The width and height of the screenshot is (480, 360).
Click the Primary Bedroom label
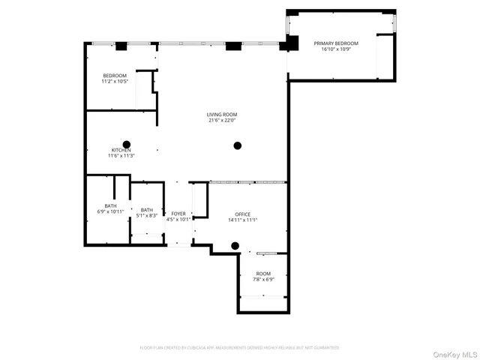coord(335,43)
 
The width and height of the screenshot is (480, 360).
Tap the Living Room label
coord(222,114)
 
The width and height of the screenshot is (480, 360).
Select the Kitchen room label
coord(121,150)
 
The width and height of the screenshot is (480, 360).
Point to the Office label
coord(242,214)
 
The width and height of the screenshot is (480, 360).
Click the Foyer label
coord(178,214)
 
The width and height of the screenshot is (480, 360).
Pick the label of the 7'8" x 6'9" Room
coord(263,274)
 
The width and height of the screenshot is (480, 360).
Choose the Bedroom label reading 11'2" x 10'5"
coord(115,75)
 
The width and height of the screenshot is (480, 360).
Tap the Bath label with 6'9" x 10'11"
coord(110,205)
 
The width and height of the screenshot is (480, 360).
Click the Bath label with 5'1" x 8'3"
coord(146,210)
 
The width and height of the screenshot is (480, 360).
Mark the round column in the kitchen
coord(127,144)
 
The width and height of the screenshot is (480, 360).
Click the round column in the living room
coord(238,145)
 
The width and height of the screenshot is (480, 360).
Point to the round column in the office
coord(235,245)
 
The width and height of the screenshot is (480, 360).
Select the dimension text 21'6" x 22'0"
coord(222,120)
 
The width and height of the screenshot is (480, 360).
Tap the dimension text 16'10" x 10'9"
coord(335,49)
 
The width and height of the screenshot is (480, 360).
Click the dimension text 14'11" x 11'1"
coord(242,220)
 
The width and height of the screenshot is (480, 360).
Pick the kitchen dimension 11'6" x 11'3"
coord(121,156)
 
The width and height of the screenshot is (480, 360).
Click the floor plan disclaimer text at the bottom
coord(239,347)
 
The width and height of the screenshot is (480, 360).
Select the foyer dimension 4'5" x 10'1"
coord(178,220)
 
